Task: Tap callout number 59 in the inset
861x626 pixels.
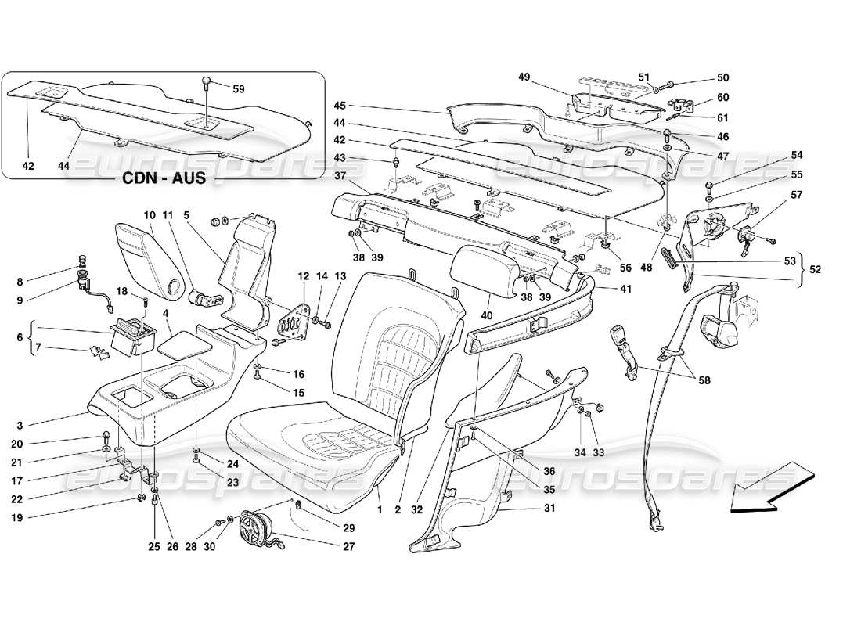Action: (238, 89)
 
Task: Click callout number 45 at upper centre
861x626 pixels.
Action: (339, 105)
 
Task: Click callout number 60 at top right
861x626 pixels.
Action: (722, 99)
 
